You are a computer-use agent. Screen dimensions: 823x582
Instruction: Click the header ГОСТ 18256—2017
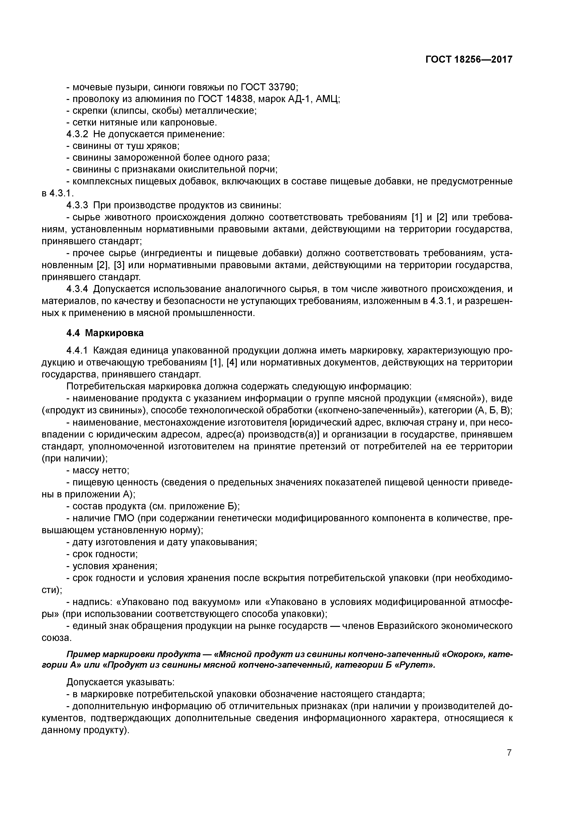pos(469,59)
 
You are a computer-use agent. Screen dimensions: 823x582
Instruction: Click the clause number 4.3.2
pos(77,134)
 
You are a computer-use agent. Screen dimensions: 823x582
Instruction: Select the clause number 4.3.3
pos(77,205)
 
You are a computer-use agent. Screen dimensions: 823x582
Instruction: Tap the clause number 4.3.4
pos(77,289)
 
